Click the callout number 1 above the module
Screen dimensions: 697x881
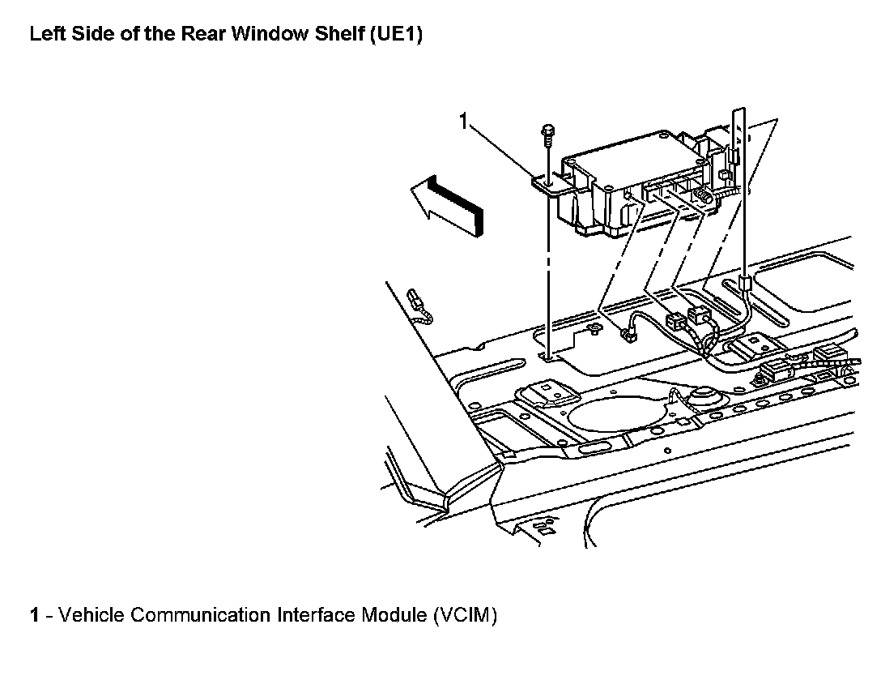463,122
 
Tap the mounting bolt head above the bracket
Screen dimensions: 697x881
547,130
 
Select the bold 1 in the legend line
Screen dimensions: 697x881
35,615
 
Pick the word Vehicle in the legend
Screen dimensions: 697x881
92,615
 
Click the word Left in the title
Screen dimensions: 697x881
45,36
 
